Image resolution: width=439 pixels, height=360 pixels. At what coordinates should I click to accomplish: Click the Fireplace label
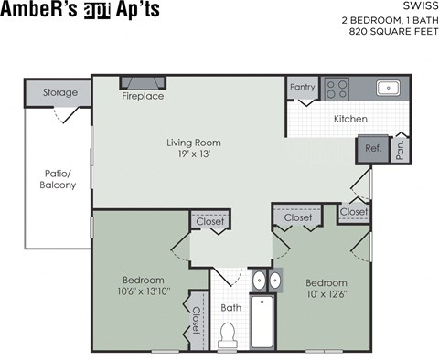click(143, 96)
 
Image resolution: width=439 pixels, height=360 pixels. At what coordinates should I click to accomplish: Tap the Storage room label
click(59, 93)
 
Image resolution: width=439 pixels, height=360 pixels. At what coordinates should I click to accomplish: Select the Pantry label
click(302, 88)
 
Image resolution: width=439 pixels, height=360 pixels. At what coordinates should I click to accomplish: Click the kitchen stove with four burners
click(337, 89)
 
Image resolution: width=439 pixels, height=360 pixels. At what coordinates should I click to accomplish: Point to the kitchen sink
click(388, 89)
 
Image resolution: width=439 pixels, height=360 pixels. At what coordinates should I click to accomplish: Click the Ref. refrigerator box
click(373, 148)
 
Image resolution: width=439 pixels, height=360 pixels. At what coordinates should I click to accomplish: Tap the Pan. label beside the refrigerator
click(401, 149)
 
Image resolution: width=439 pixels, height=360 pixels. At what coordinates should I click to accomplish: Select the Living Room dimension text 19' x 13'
click(193, 156)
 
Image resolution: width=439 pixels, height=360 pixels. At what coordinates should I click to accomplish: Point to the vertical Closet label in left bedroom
click(196, 321)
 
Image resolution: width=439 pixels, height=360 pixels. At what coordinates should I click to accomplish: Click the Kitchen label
click(350, 119)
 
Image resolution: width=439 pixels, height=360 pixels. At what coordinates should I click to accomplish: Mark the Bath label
click(231, 308)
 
